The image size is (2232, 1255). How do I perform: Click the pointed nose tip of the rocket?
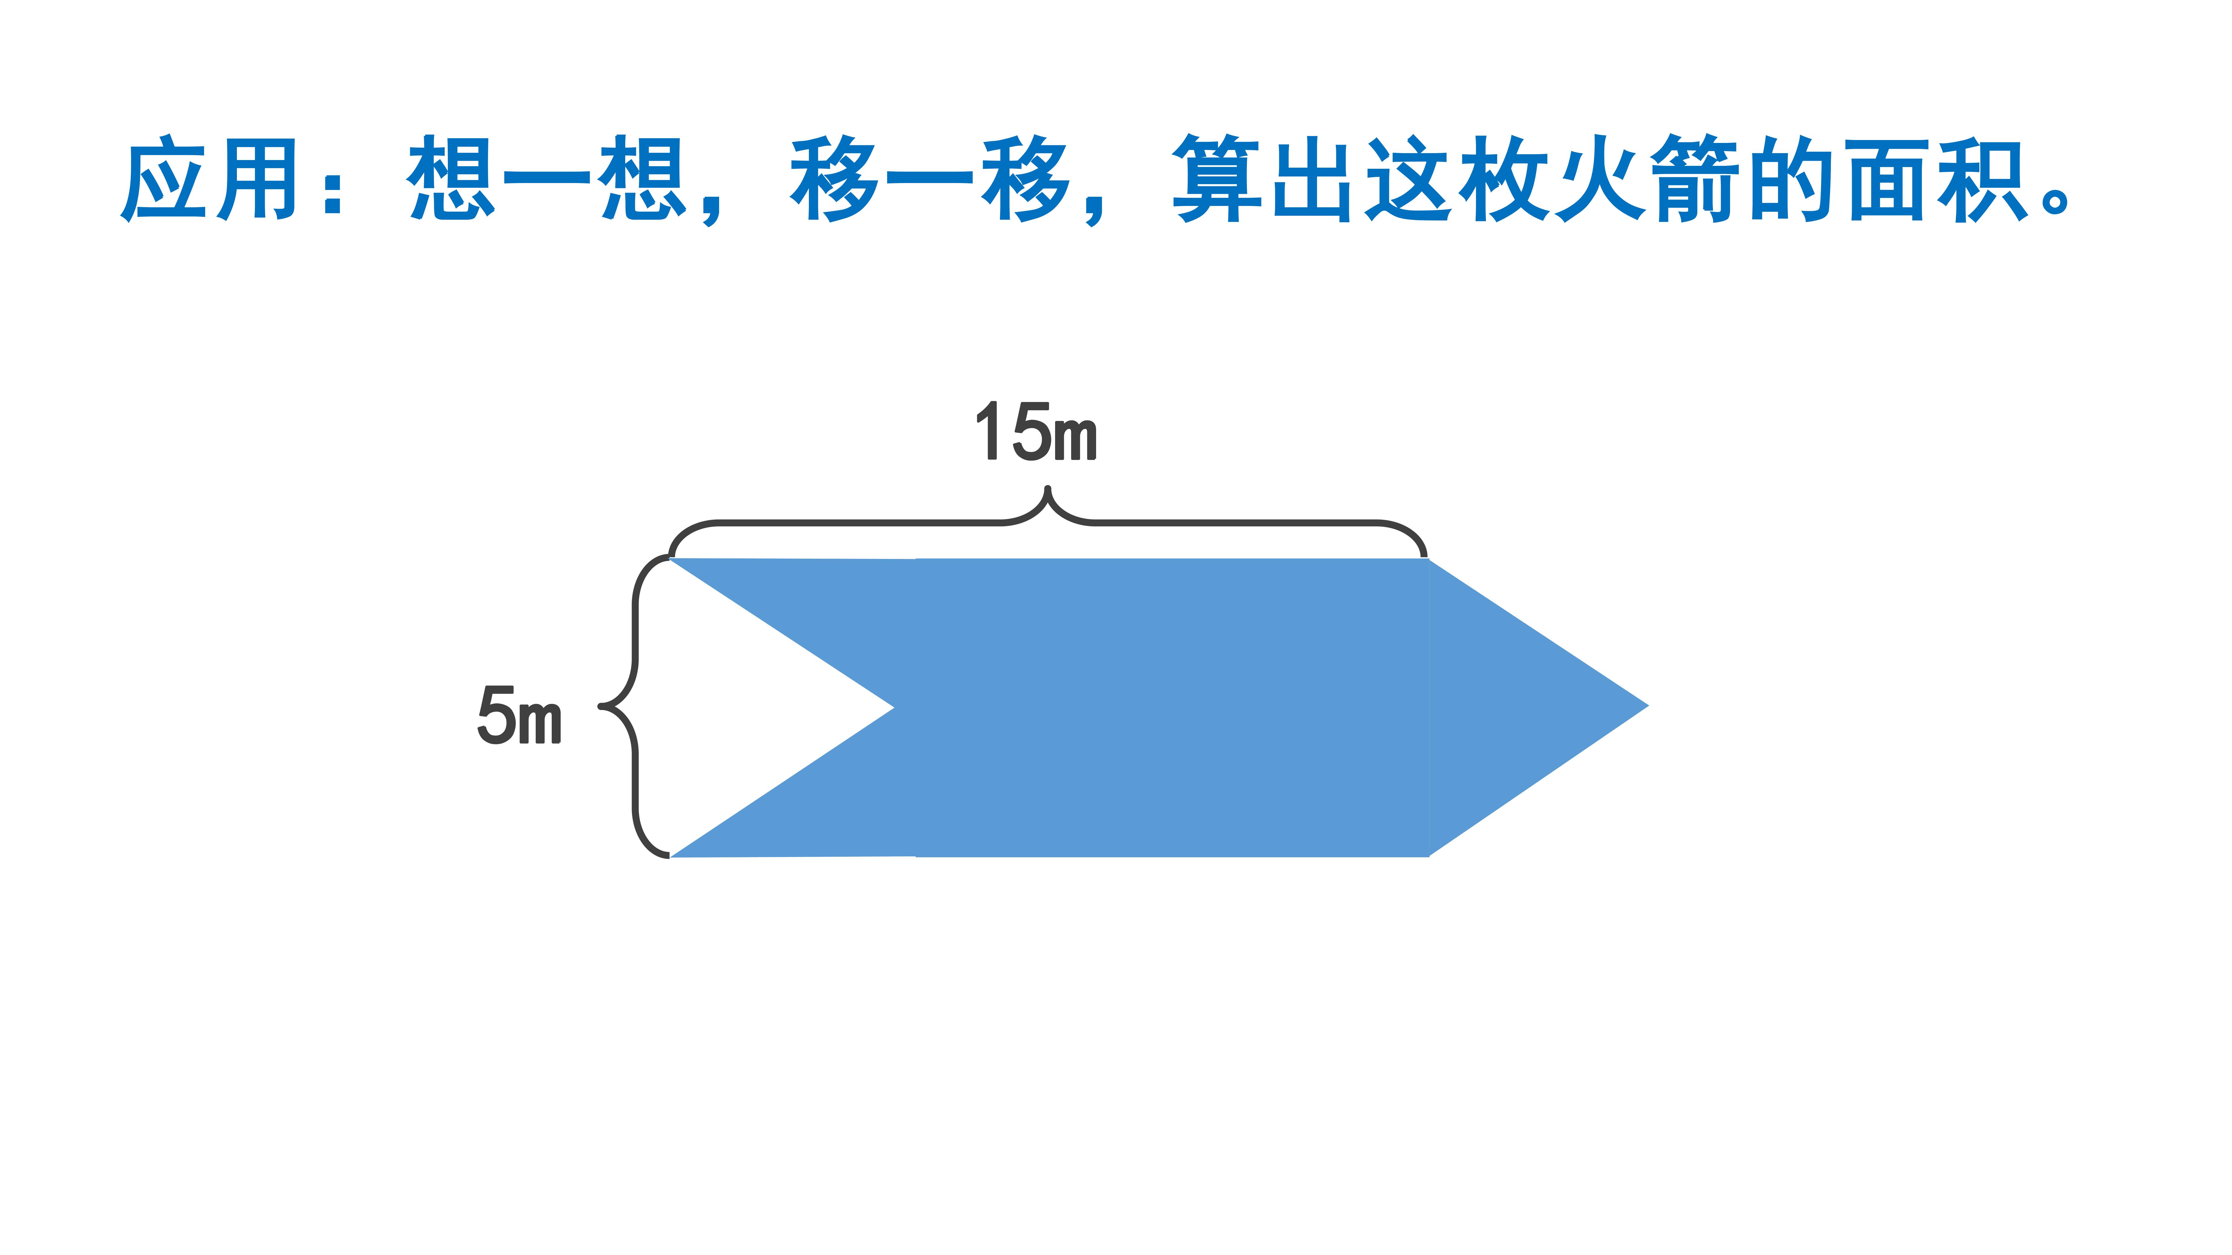click(x=1648, y=706)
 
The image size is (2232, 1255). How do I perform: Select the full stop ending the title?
click(x=2055, y=199)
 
